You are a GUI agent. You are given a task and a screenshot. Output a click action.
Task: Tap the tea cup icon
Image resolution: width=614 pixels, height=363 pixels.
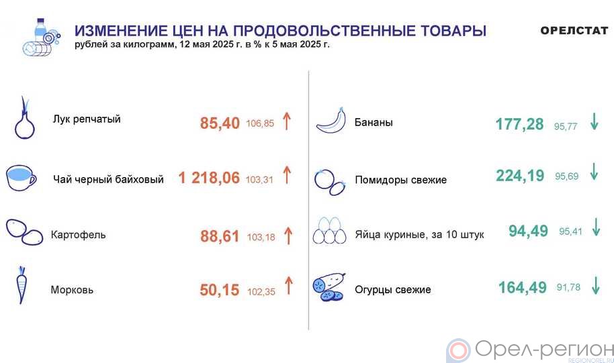pos(21,178)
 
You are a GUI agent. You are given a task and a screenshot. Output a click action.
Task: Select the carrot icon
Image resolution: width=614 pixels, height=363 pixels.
pos(21,284)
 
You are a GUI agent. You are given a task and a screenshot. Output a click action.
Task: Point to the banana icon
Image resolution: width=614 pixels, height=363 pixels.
pos(331,121)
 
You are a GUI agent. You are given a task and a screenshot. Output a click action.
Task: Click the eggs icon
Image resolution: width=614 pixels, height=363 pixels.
pos(329,231)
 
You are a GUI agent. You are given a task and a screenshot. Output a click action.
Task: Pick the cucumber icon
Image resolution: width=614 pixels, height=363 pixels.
pos(329,287)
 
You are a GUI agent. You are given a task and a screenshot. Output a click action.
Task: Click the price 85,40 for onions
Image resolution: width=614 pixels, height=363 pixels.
pos(220,123)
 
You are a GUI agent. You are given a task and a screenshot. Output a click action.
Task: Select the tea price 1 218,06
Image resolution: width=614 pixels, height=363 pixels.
pos(209,178)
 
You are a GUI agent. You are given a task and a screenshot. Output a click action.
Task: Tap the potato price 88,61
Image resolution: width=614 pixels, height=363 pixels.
pos(220,236)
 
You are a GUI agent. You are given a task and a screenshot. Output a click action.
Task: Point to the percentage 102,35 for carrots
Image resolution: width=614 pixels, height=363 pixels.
pos(261,292)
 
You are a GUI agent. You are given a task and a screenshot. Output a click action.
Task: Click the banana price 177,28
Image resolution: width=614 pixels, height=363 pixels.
pos(520,124)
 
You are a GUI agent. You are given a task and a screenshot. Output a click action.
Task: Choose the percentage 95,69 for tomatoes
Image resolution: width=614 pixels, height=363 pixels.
pos(566,176)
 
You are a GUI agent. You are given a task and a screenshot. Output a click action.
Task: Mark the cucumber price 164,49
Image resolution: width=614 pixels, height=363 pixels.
pos(523,287)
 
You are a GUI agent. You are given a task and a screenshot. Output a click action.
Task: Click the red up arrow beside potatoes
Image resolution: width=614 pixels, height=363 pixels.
pos(288,236)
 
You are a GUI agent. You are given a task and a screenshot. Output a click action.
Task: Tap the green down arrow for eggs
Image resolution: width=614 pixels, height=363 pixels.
pos(596,227)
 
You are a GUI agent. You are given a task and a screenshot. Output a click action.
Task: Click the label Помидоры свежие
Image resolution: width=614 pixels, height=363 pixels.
pos(400,180)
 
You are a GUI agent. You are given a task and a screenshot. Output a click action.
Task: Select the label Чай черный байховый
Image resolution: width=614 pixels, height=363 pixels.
pos(108,180)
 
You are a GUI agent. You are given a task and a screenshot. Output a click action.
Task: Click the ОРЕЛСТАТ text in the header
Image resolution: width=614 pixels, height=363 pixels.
pos(574,30)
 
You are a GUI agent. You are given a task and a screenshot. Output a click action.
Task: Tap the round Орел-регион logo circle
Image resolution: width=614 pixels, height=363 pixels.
pos(458,350)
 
